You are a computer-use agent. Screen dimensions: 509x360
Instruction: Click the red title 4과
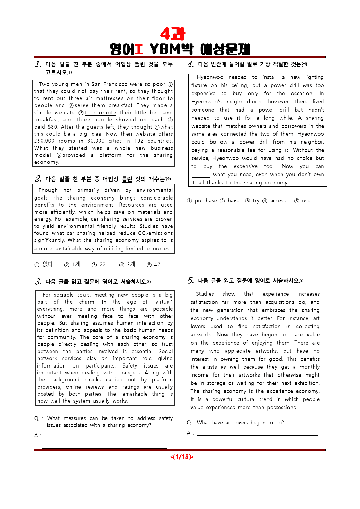click(172, 34)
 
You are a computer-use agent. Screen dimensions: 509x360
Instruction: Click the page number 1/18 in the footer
click(182, 457)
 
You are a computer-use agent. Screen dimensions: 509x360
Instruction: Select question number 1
click(38, 64)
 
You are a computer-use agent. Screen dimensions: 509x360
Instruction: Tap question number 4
click(190, 64)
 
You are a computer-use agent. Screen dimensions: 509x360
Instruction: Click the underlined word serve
click(81, 105)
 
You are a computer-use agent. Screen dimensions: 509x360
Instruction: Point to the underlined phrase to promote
click(100, 113)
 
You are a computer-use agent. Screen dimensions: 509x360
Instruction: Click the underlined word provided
click(74, 155)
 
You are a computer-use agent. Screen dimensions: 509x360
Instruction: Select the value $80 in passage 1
click(53, 127)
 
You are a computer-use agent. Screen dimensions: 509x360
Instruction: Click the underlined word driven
click(112, 190)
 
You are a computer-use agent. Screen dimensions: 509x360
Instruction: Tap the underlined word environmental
click(76, 226)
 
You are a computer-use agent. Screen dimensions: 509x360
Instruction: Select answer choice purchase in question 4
click(206, 201)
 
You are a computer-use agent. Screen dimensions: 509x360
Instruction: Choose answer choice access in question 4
click(278, 201)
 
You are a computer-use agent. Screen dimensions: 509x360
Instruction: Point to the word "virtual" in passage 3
click(163, 302)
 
